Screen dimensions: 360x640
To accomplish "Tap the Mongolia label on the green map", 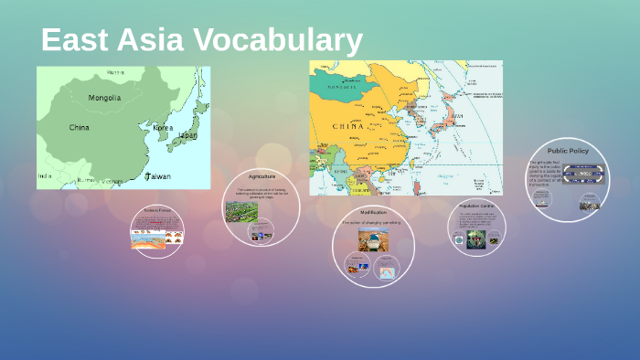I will click(x=104, y=98).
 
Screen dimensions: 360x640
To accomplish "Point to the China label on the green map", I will click(x=80, y=128).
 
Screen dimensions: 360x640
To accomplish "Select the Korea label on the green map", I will click(x=163, y=128).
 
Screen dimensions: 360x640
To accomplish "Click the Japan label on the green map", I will click(x=187, y=135).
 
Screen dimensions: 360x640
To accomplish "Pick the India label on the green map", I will click(x=45, y=175).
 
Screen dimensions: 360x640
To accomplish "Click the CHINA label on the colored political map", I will click(x=347, y=126).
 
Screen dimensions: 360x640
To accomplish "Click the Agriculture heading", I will click(x=262, y=175).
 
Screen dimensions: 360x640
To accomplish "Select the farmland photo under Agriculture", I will click(x=241, y=213).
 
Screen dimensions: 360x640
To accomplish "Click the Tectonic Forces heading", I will click(x=157, y=211).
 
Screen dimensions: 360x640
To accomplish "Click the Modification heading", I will click(x=373, y=212).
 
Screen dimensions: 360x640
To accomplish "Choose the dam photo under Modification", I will click(x=373, y=240).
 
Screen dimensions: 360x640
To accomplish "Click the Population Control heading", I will click(x=476, y=206).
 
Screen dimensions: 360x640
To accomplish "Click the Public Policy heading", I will click(x=568, y=151).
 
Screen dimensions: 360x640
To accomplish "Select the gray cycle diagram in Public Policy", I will click(x=582, y=175).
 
